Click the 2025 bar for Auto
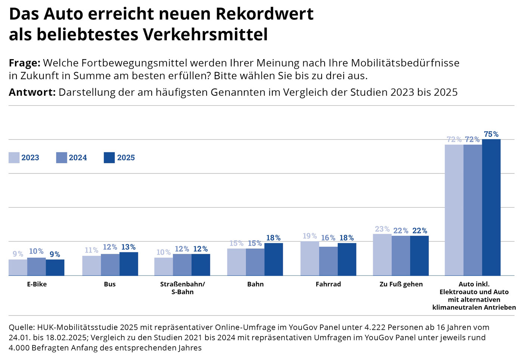click(491, 207)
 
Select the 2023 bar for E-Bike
click(18, 267)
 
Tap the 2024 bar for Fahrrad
click(328, 261)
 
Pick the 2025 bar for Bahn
click(273, 259)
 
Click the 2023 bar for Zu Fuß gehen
click(382, 255)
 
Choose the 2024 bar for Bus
click(110, 265)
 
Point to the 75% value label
click(491, 134)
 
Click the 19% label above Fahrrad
click(310, 236)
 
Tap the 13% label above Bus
click(129, 247)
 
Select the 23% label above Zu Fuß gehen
click(382, 229)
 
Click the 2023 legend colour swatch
click(14, 158)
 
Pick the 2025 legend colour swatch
click(109, 158)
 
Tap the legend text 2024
click(78, 158)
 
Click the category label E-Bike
click(37, 284)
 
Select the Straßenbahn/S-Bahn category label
click(182, 288)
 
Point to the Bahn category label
click(256, 284)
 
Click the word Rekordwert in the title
click(264, 14)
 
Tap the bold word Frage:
click(25, 63)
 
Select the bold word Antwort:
click(32, 92)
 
